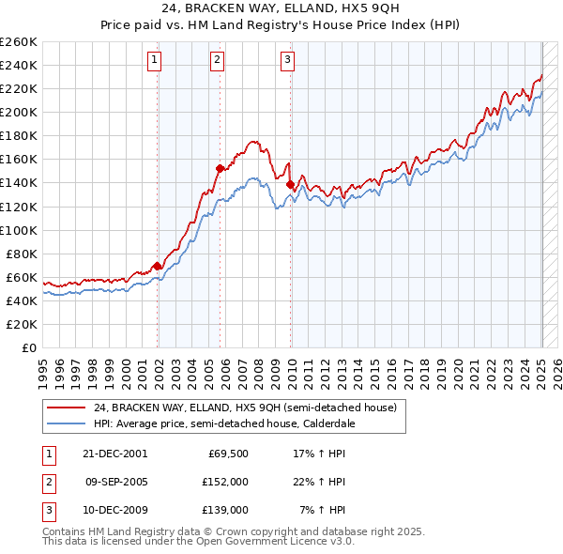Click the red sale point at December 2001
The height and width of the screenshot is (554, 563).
click(158, 266)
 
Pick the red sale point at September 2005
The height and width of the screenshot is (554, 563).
click(220, 169)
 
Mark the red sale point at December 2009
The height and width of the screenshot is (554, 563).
click(291, 184)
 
